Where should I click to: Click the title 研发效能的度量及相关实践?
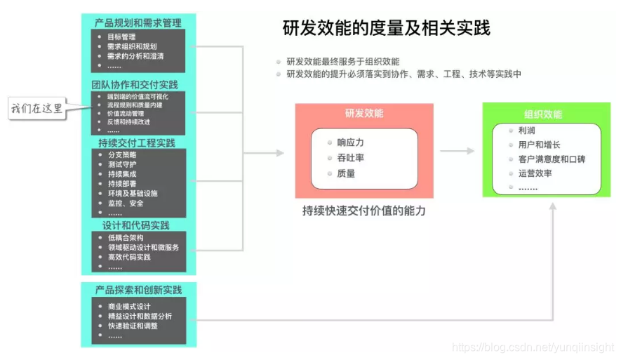[x=386, y=28]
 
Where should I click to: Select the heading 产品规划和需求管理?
[x=138, y=23]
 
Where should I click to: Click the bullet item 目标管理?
[x=122, y=36]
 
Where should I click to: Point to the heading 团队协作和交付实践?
[x=134, y=85]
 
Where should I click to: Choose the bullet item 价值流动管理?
[x=126, y=113]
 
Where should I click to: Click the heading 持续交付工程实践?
[x=138, y=142]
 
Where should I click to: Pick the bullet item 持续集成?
[x=122, y=174]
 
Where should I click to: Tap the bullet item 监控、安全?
[x=126, y=203]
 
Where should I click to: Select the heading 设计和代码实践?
[x=135, y=225]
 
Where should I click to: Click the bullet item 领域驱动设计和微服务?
[x=143, y=247]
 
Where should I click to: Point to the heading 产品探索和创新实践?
[x=138, y=289]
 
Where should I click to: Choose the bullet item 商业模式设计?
[x=129, y=307]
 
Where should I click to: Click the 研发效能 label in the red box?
[x=363, y=113]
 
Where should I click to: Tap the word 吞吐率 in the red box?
[x=350, y=158]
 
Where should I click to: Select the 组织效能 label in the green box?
[x=542, y=114]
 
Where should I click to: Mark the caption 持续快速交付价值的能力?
[x=364, y=211]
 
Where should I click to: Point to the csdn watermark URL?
[x=533, y=347]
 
